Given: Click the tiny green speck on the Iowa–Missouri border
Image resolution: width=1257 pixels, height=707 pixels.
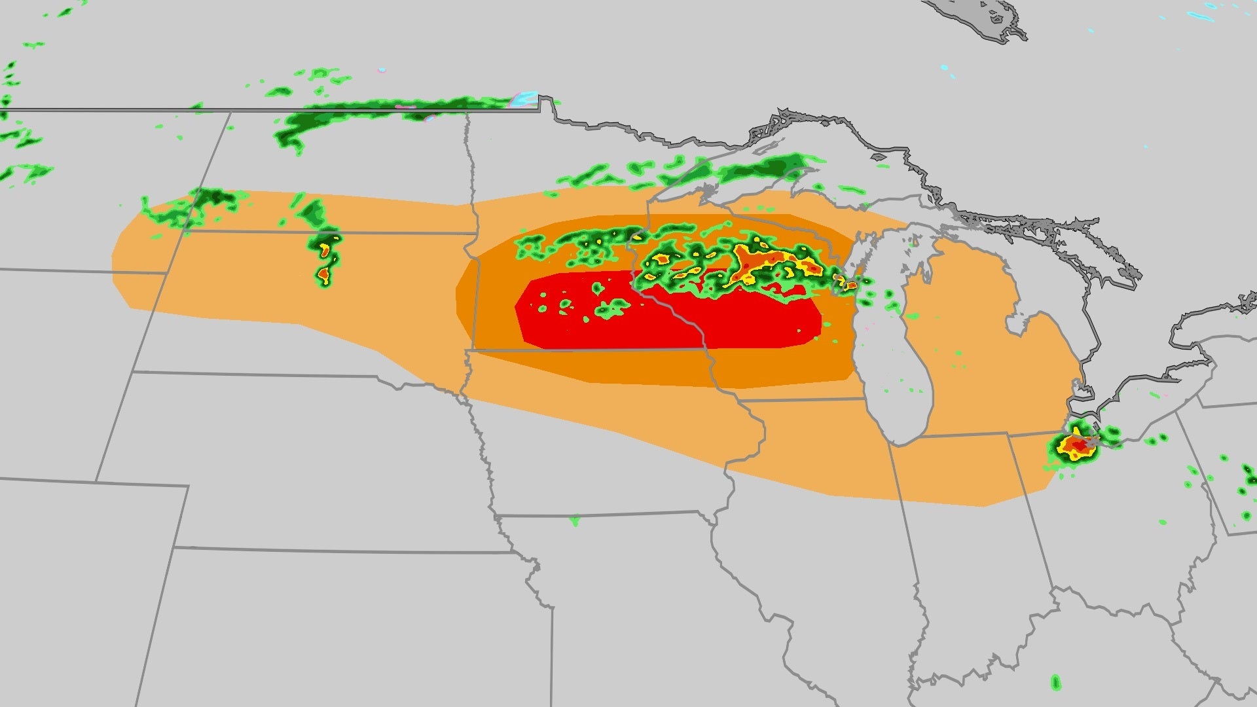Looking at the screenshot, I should [x=575, y=521].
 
